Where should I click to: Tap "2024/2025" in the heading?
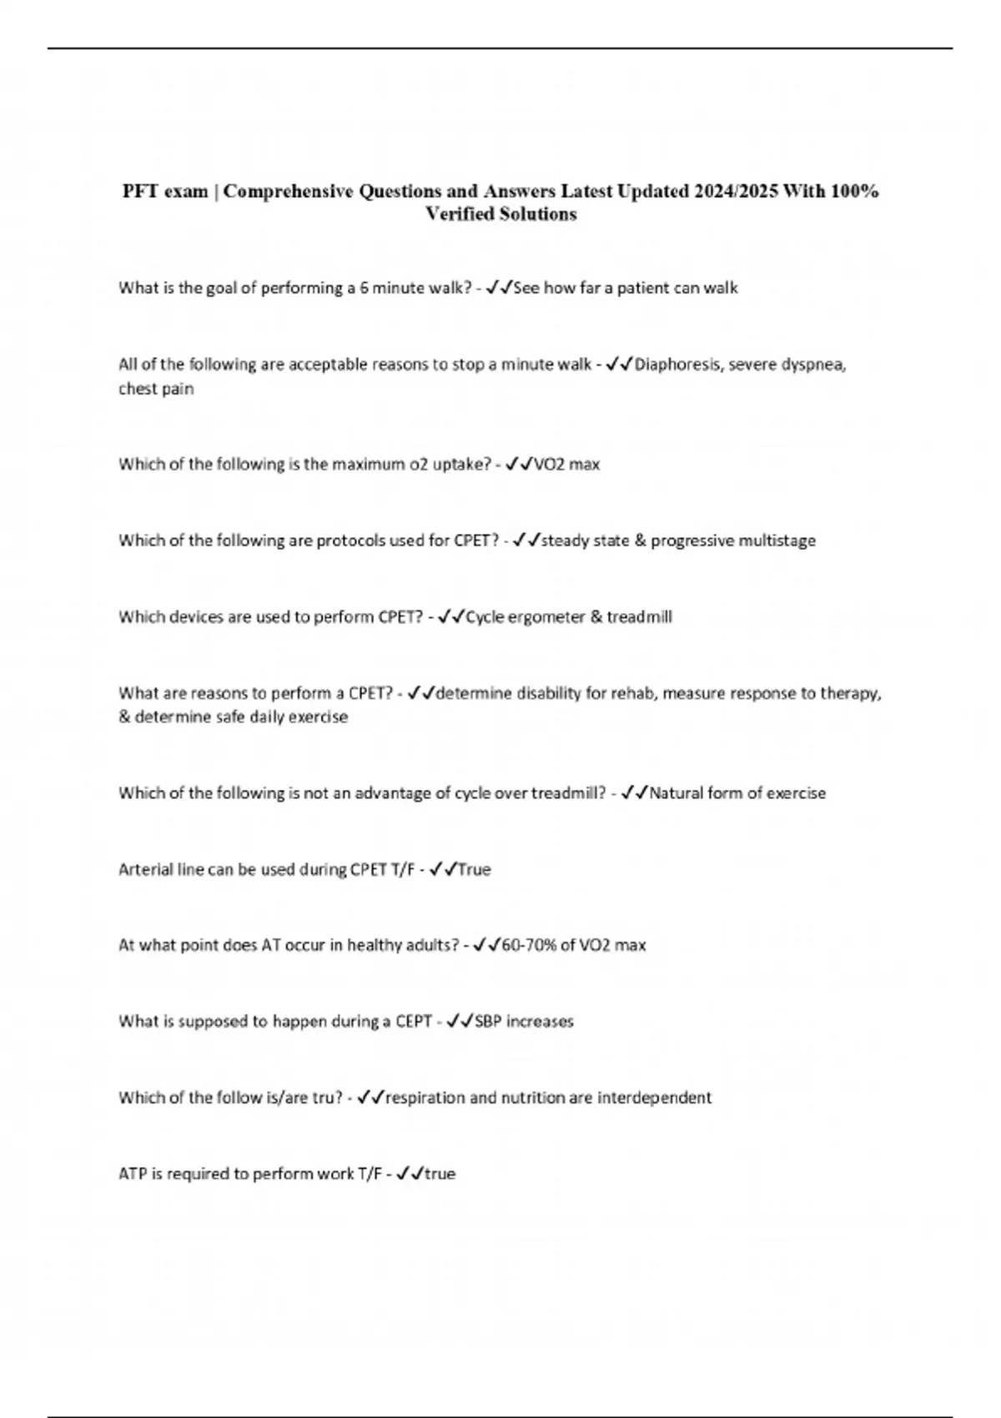tap(735, 192)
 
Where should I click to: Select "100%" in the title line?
tap(853, 192)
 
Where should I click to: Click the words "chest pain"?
tap(156, 389)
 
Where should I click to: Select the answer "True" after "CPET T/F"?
tap(474, 869)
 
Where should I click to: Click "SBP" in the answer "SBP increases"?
tap(489, 1022)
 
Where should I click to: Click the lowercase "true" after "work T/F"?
tap(440, 1174)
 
